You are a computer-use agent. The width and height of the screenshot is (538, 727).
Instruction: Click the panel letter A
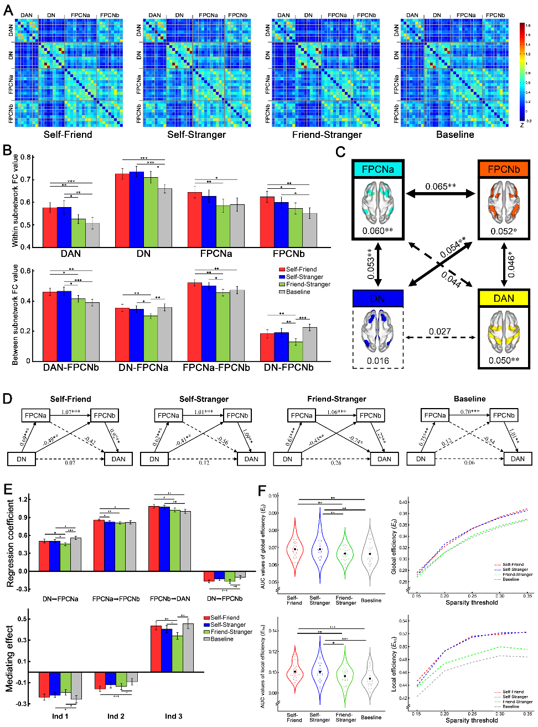pos(8,10)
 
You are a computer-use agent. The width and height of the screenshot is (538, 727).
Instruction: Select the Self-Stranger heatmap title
pos(196,135)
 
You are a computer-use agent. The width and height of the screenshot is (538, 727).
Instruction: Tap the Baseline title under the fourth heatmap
pos(455,135)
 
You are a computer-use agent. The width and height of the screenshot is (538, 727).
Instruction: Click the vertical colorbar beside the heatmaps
pos(523,72)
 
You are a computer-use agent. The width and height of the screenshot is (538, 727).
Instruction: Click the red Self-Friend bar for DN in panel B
pos(122,210)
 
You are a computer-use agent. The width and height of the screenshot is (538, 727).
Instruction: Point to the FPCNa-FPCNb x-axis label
pos(216,368)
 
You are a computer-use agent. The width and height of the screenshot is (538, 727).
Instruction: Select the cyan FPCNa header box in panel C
pos(378,169)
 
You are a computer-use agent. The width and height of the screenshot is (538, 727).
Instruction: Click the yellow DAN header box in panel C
pos(504,298)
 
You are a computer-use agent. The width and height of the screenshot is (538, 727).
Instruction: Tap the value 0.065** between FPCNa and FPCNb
pos(441,187)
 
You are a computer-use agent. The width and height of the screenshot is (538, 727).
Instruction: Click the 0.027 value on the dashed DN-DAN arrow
pos(439,332)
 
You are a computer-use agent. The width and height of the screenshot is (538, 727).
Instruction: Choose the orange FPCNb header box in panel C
pos(504,169)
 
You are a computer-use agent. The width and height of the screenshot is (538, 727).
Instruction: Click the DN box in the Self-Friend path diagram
pos(21,459)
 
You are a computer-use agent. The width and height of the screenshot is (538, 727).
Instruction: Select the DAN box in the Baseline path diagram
pos(518,459)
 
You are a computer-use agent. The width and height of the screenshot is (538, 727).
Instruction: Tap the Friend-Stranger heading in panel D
pos(337,399)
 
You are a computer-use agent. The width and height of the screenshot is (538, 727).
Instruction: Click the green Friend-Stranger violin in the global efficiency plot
pos(345,554)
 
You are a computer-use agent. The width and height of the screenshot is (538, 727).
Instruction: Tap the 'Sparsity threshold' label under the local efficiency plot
pos(472,720)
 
